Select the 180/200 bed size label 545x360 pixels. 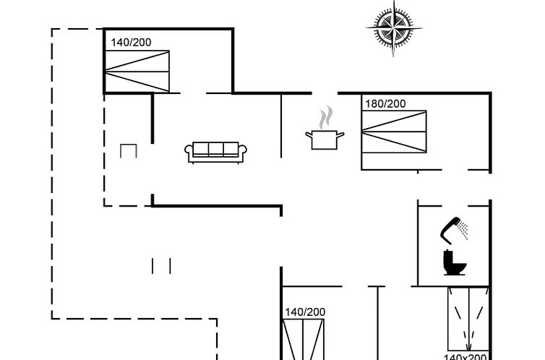tap(385, 104)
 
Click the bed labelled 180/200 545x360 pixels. tap(394, 132)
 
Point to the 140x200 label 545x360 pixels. tap(465, 356)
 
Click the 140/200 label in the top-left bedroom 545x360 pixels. tap(131, 43)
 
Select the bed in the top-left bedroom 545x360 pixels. tap(137, 71)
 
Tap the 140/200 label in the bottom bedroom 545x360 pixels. tap(304, 312)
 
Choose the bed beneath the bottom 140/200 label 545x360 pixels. tap(304, 340)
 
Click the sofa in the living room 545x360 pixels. tap(216, 151)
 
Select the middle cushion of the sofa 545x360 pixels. tap(216, 150)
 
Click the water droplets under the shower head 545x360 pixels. tap(464, 231)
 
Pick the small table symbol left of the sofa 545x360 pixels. tap(128, 150)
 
